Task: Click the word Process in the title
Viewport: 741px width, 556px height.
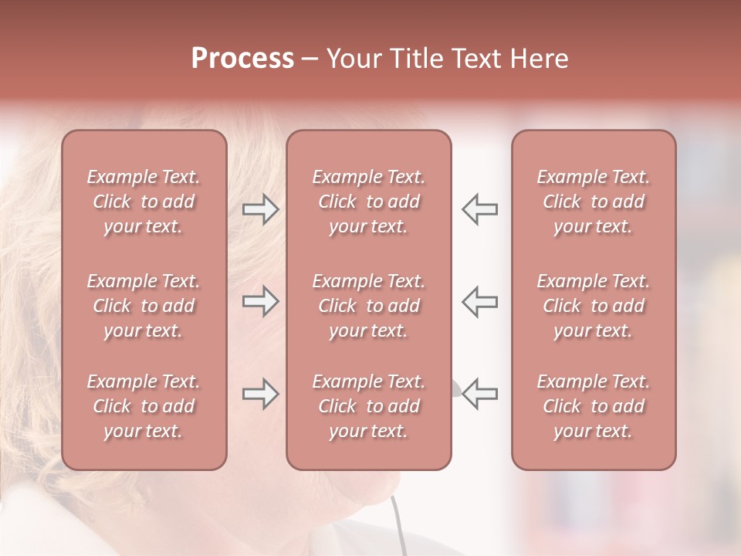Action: click(x=242, y=59)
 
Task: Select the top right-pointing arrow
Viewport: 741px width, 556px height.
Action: click(x=260, y=209)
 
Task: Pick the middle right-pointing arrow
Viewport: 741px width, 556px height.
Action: click(x=260, y=301)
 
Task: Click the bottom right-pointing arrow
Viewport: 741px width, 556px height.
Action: click(x=260, y=394)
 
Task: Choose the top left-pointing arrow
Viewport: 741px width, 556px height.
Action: click(x=479, y=209)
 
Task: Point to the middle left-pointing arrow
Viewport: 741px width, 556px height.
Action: click(x=479, y=301)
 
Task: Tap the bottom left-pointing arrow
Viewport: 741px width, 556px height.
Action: click(x=479, y=393)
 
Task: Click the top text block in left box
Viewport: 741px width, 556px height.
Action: click(x=144, y=202)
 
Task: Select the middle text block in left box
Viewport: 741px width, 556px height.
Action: click(x=144, y=306)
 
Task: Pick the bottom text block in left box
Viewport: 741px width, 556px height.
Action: click(x=144, y=406)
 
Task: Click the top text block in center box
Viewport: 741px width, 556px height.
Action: click(x=368, y=202)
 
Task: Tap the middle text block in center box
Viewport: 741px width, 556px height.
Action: click(x=368, y=306)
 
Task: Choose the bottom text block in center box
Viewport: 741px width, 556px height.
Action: click(x=368, y=406)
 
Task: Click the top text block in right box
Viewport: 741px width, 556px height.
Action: click(x=593, y=202)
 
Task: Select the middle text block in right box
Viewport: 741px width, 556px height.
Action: click(x=593, y=306)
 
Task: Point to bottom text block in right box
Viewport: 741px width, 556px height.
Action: click(x=593, y=406)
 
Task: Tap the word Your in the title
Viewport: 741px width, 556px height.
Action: click(x=352, y=59)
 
